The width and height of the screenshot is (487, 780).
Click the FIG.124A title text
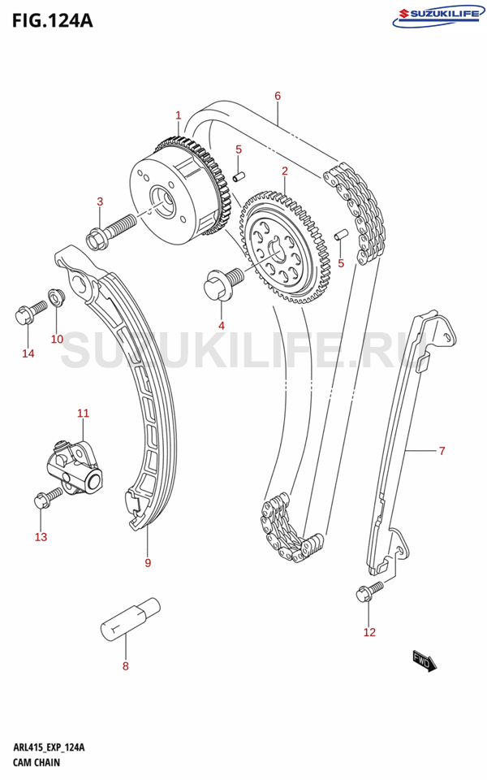(x=52, y=20)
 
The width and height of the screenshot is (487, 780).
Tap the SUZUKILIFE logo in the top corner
(x=438, y=16)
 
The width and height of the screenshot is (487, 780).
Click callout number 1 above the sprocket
(x=179, y=115)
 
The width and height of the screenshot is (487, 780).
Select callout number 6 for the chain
(x=278, y=96)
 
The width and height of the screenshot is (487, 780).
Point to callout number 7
(x=442, y=451)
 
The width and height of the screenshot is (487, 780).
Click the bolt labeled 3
(x=111, y=230)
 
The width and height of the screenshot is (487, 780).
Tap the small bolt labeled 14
(x=31, y=312)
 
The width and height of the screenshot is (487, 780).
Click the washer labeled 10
(x=54, y=297)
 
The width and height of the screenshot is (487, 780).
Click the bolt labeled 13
(x=48, y=497)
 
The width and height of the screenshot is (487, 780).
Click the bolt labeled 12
(x=370, y=591)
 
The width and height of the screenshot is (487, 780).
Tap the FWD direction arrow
(x=424, y=661)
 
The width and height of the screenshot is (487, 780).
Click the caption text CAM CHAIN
(x=37, y=762)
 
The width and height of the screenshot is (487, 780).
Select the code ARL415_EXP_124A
(x=49, y=747)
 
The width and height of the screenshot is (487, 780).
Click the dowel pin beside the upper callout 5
(x=239, y=176)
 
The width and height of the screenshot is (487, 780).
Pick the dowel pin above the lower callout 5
(x=340, y=233)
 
